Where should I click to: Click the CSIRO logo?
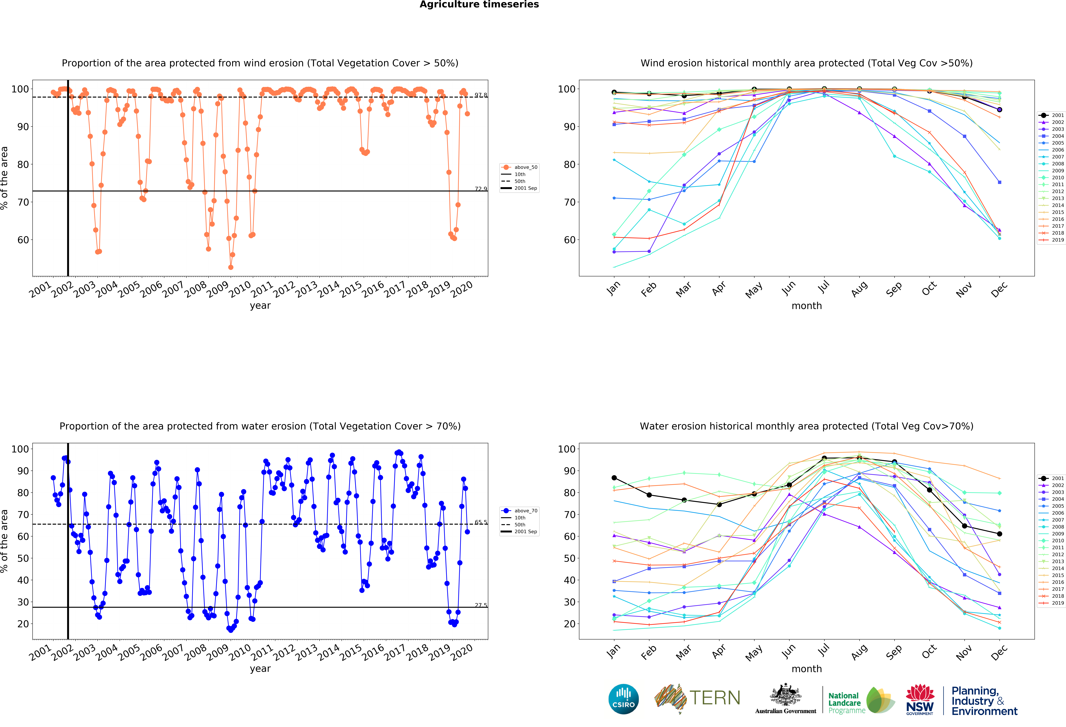[623, 699]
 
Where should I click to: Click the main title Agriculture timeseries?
[479, 5]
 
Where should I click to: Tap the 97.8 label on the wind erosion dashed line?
[481, 95]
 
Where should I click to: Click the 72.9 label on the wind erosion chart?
[481, 189]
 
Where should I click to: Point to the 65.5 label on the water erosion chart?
[481, 522]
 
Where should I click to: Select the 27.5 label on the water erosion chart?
[481, 605]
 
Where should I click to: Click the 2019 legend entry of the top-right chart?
[1051, 240]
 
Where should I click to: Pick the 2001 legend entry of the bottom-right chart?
[1051, 478]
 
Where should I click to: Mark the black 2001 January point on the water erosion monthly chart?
[614, 478]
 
